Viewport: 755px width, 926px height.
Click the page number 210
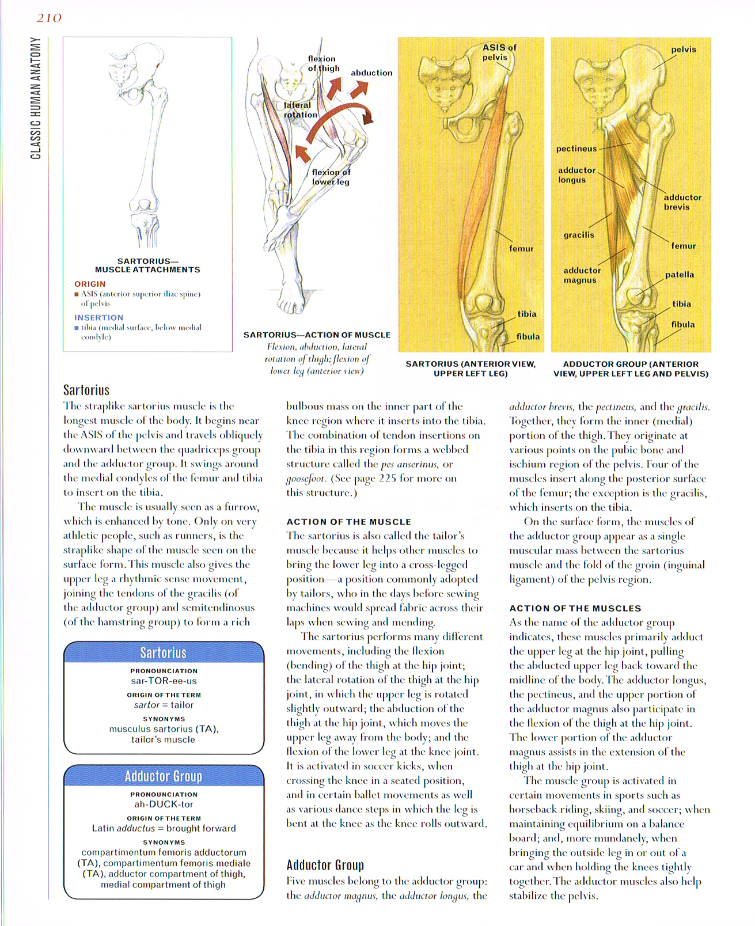[x=49, y=18]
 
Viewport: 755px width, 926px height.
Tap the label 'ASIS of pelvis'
[x=499, y=52]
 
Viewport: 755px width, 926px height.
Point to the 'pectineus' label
[x=576, y=149]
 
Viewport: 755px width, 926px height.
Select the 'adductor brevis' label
[x=682, y=202]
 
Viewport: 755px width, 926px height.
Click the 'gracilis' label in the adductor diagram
[x=579, y=235]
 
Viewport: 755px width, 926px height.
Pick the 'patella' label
[x=680, y=275]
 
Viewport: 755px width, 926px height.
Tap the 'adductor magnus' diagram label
[x=582, y=275]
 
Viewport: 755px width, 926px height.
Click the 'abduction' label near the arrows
[x=371, y=73]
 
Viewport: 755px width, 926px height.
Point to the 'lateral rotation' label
[x=300, y=109]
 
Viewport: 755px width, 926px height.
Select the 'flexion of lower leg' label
[x=331, y=177]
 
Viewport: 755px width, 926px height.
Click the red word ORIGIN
[x=90, y=284]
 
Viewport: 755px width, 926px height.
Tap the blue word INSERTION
[x=98, y=317]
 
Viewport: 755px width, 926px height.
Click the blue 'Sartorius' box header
[x=164, y=652]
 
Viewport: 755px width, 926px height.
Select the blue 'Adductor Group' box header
[x=164, y=776]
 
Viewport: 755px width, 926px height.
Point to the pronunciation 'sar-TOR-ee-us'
[x=164, y=681]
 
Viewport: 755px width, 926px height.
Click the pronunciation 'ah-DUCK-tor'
[x=164, y=804]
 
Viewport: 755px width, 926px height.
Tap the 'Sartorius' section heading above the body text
[x=86, y=390]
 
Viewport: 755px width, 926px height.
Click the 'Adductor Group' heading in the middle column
[x=325, y=865]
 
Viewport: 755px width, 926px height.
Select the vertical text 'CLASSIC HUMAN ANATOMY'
[x=36, y=98]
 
